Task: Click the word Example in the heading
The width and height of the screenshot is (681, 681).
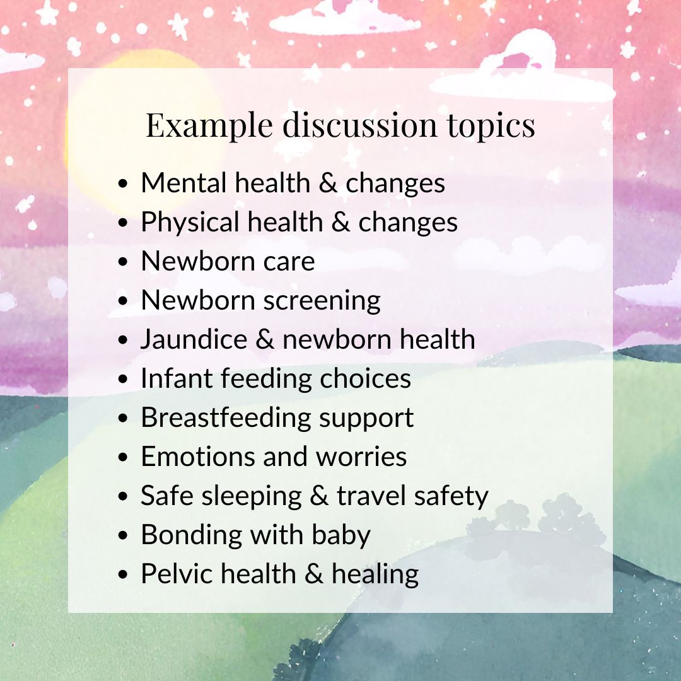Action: [209, 125]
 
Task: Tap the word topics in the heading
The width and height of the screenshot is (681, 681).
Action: [491, 125]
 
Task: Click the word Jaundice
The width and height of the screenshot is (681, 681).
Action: [194, 339]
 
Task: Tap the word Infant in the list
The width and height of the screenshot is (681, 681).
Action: [177, 378]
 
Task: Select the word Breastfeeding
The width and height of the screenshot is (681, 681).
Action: [226, 417]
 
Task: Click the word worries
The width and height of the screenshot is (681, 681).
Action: [361, 457]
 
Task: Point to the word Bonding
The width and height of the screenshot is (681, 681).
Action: [192, 535]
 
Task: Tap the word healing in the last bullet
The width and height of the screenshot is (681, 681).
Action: [375, 574]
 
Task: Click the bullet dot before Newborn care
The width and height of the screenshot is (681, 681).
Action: [124, 262]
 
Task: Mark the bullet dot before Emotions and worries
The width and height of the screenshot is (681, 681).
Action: [124, 457]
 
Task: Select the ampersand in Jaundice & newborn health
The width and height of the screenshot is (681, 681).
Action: [265, 339]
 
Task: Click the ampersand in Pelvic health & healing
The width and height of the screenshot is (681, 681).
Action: [314, 574]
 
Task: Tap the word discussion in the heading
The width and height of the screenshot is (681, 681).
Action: [359, 125]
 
